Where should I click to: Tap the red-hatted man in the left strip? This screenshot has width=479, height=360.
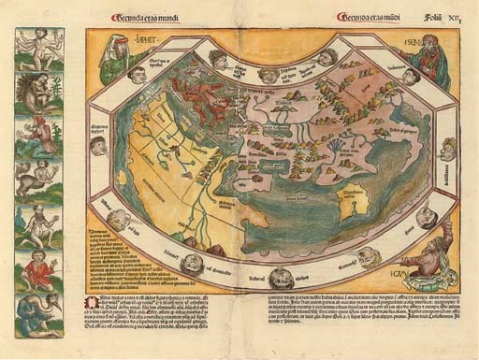click(37, 135)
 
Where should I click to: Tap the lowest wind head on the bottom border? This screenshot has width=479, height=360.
click(281, 277)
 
